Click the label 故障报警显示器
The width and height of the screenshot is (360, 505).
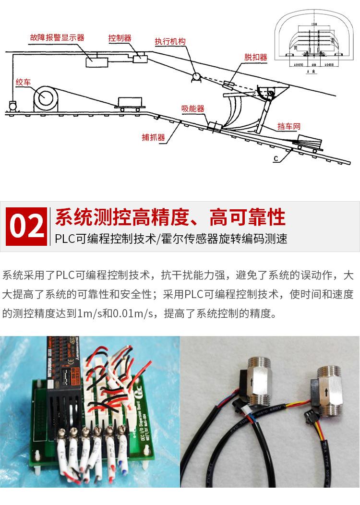click(57, 37)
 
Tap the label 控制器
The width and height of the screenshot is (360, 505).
click(120, 38)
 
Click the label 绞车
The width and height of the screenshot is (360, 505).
click(23, 82)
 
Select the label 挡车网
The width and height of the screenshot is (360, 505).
click(288, 127)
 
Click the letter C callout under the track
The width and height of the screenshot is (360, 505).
click(276, 159)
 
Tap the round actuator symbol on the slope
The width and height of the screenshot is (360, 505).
click(196, 75)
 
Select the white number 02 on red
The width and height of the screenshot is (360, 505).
click(26, 227)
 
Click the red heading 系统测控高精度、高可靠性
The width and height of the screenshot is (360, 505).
click(170, 217)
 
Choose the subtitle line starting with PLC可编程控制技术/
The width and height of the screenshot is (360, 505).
click(171, 239)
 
